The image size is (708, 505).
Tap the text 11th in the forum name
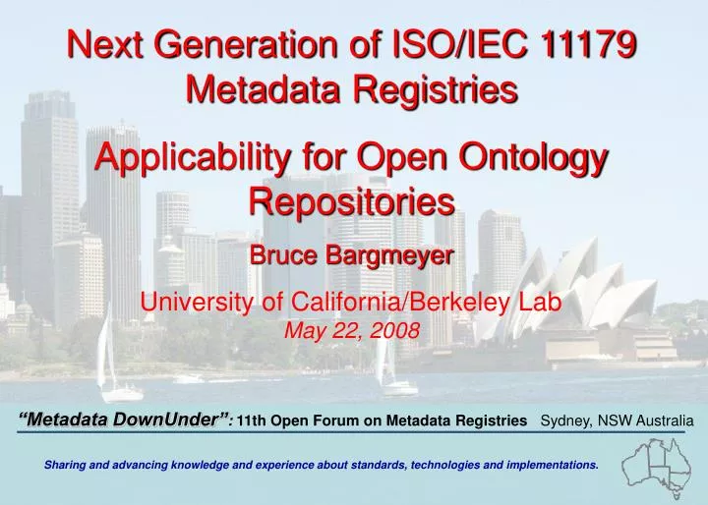coord(252,421)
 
